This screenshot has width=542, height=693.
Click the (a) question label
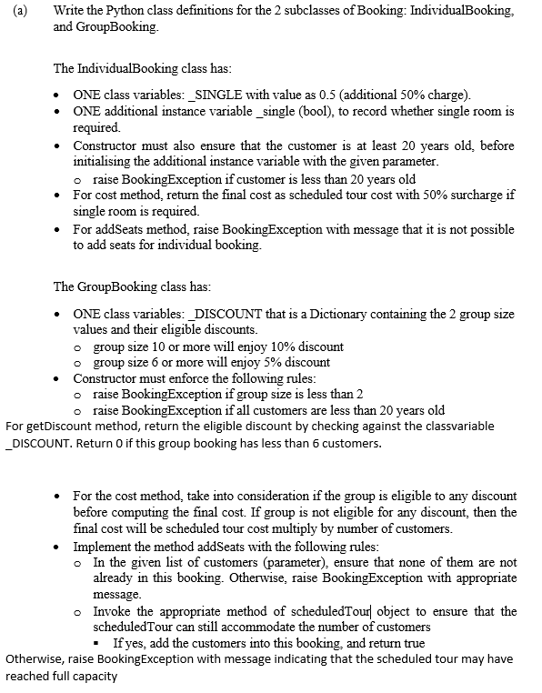[x=14, y=12]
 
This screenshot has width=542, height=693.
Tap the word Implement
[x=105, y=544]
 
